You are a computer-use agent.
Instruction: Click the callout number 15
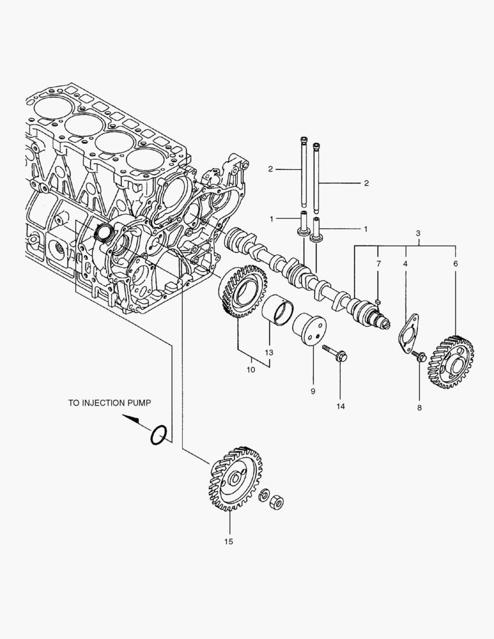(228, 541)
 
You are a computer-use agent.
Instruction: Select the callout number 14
(341, 406)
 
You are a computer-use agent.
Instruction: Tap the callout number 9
(313, 391)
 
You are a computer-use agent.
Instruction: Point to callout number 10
(251, 370)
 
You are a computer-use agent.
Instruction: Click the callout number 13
(269, 352)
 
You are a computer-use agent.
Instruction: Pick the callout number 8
(419, 408)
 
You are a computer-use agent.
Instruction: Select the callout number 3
(418, 234)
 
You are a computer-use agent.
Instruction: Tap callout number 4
(405, 262)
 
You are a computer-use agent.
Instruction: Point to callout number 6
(456, 262)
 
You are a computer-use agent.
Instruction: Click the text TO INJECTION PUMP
(109, 402)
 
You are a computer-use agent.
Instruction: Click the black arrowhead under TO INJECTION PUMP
(134, 420)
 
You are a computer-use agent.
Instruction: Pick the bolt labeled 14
(335, 354)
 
